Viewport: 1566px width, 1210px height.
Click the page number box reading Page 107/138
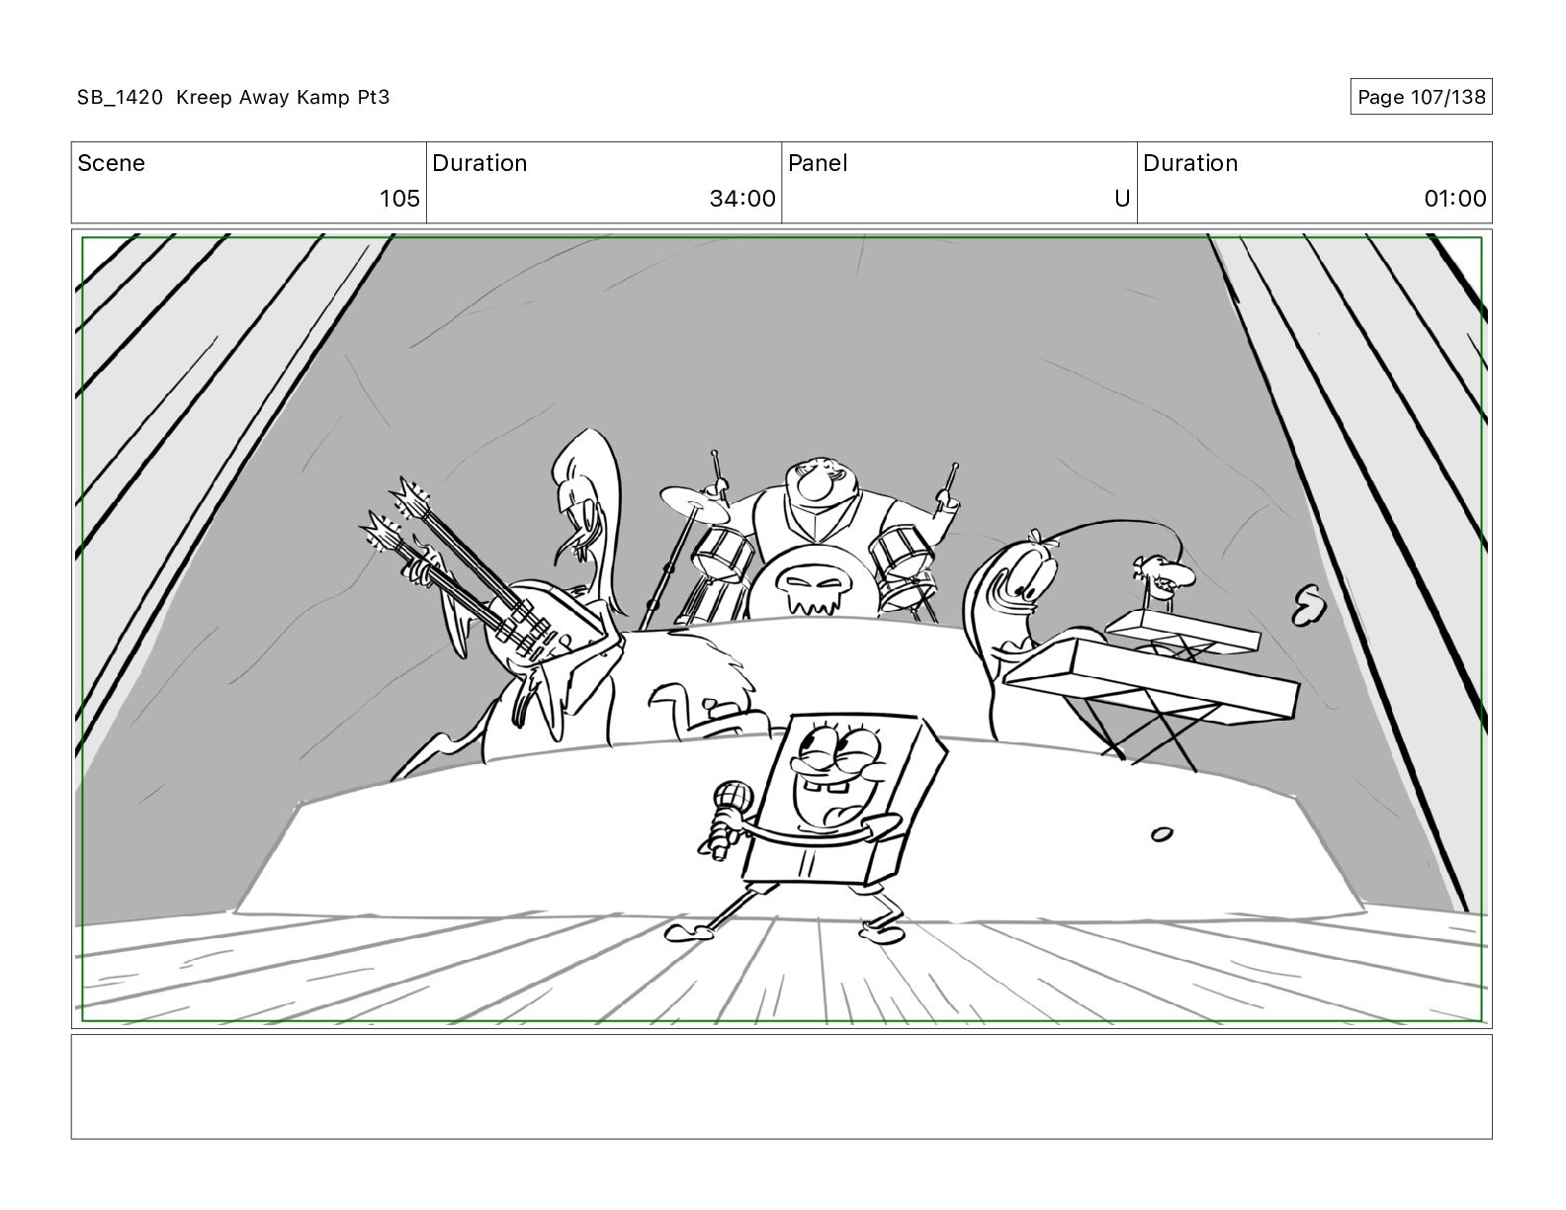click(1421, 97)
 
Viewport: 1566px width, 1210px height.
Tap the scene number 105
click(399, 199)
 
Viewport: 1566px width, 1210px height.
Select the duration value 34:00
click(741, 199)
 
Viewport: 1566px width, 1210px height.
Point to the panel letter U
click(1121, 199)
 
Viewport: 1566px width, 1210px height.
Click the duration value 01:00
click(1454, 199)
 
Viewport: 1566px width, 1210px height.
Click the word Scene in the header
click(111, 163)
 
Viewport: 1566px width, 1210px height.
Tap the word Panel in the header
click(818, 163)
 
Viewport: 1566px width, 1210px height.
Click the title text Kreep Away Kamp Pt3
click(283, 97)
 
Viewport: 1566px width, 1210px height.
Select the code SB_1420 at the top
click(120, 97)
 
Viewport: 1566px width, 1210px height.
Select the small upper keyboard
click(1181, 630)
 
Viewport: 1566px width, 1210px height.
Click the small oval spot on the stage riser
click(1162, 834)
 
